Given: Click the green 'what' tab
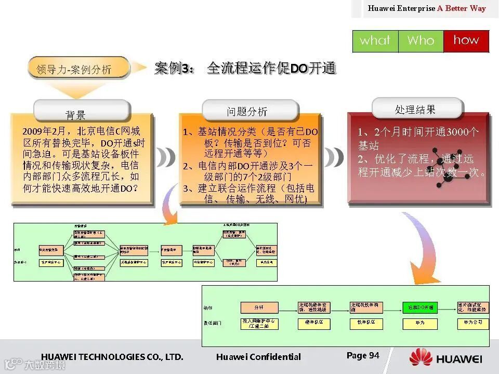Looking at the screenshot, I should [375, 41].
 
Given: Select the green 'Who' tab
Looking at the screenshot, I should [421, 41].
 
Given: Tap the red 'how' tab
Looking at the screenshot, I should [466, 41].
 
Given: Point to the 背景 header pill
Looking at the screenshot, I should [76, 113].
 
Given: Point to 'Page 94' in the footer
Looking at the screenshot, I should [363, 355].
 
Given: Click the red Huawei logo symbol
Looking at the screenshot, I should [421, 358].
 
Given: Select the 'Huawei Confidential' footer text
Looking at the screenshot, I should [258, 357].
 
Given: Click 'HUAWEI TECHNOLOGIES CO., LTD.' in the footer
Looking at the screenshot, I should [112, 357].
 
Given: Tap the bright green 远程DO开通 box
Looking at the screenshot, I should [420, 307].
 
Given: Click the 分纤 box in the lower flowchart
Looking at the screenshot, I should [259, 307].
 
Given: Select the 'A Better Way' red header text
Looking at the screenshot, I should [462, 8].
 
